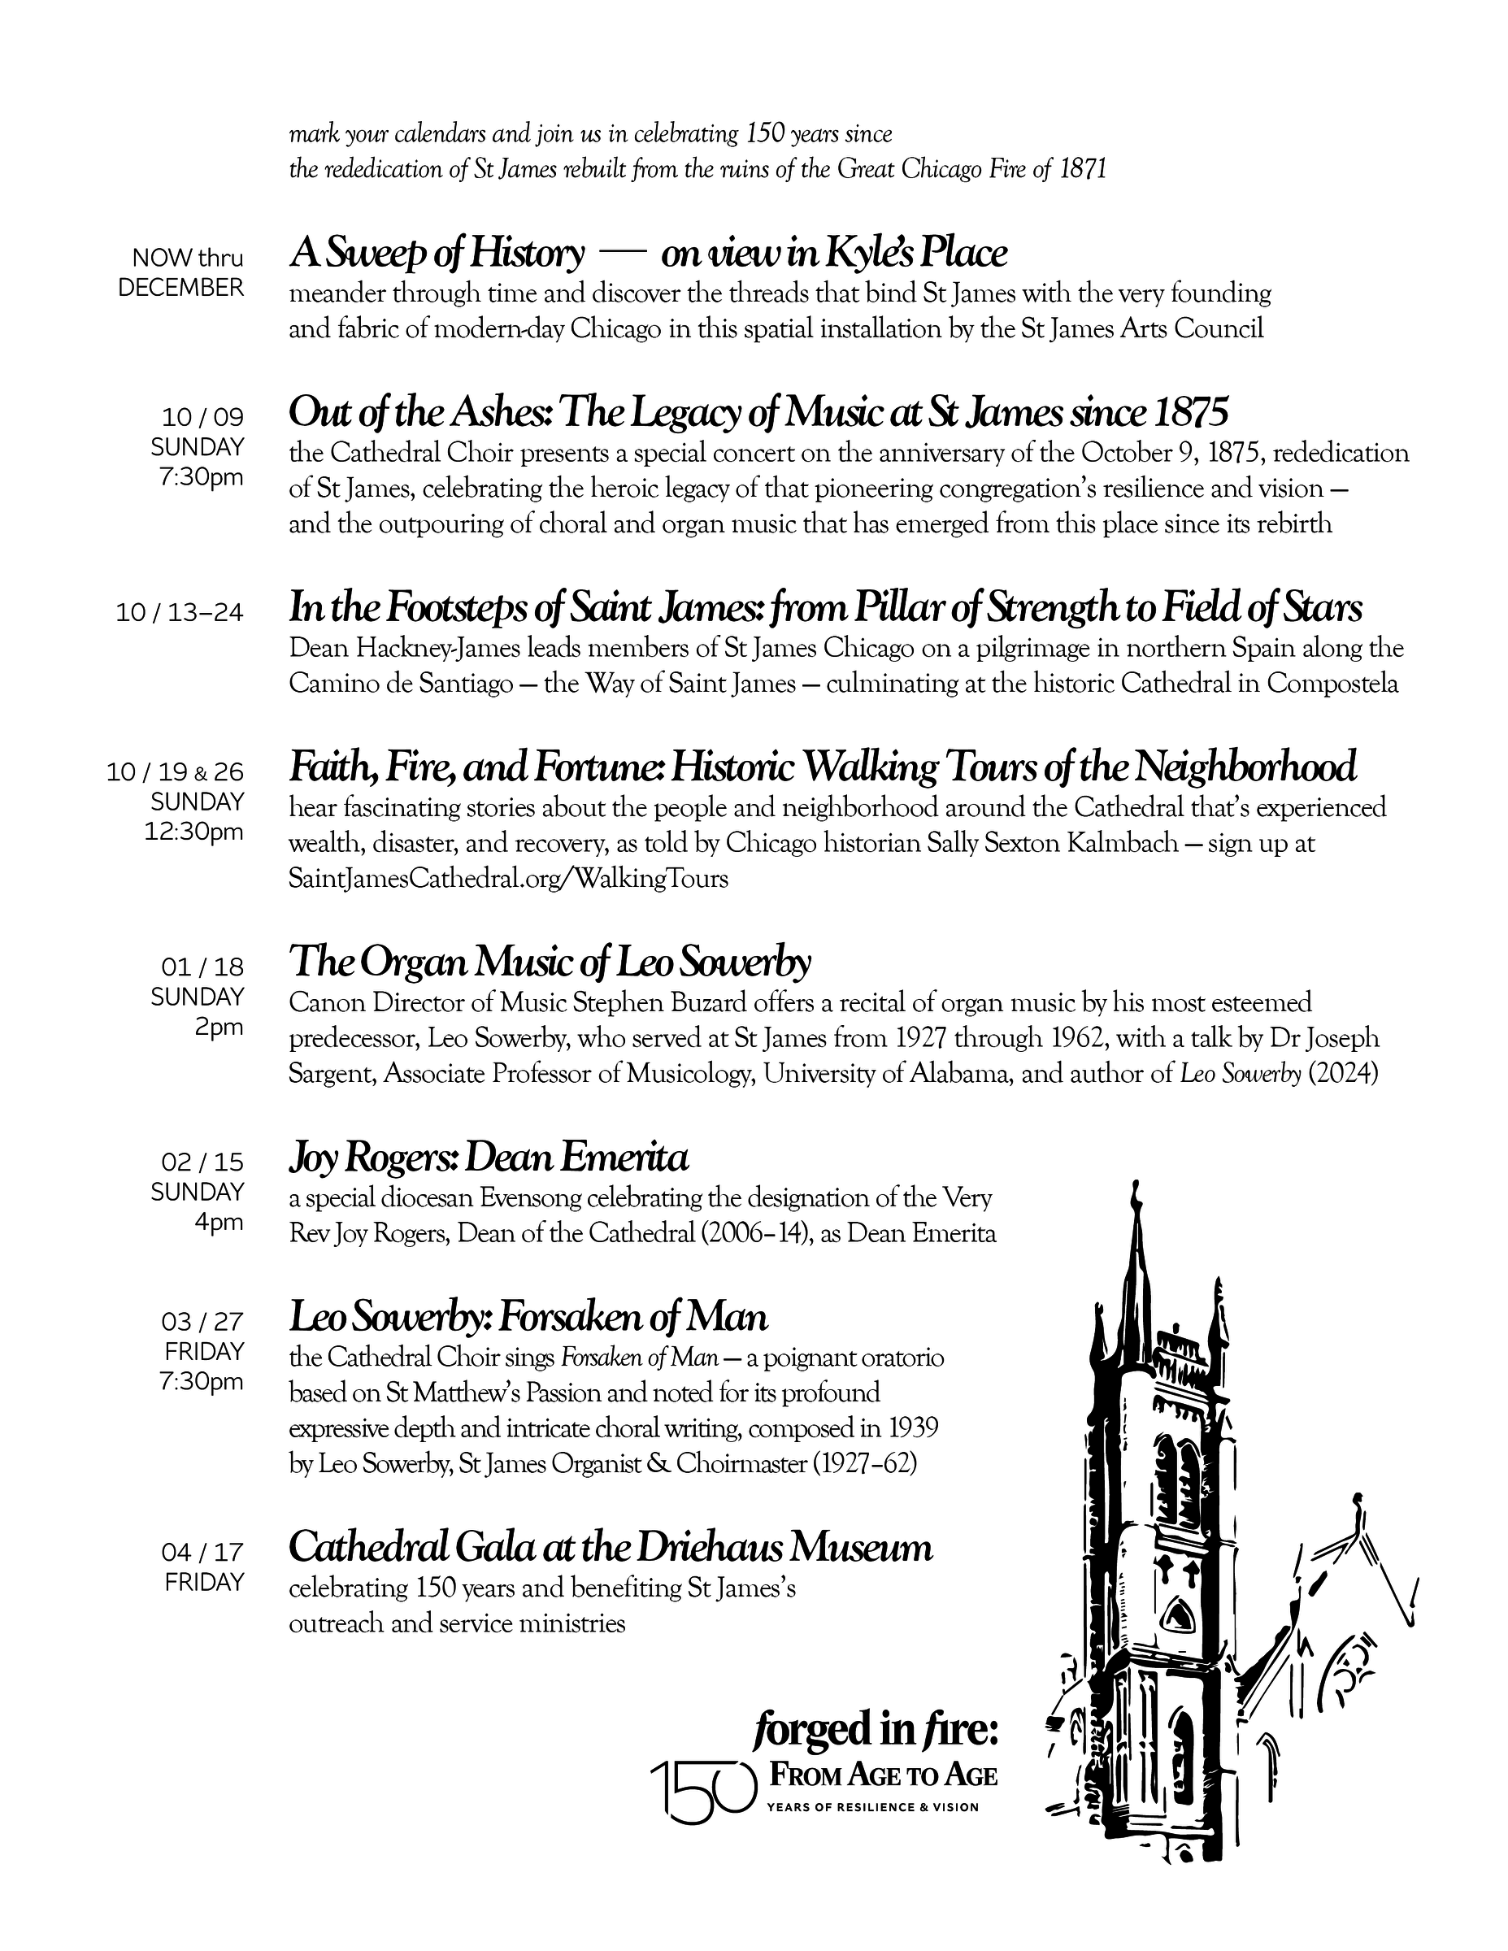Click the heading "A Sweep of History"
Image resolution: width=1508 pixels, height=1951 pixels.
[437, 254]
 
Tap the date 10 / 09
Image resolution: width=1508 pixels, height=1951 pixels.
[202, 417]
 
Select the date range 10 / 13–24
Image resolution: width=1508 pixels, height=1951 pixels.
[180, 613]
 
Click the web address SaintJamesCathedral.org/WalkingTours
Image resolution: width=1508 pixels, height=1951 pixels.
[508, 879]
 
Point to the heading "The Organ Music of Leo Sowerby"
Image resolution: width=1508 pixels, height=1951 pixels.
[550, 962]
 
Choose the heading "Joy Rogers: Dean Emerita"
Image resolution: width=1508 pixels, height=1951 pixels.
[489, 1158]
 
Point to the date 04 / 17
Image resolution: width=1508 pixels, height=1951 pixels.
[202, 1552]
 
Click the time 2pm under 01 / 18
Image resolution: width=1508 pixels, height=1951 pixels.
[219, 1028]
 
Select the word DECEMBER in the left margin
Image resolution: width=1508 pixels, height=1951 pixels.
[181, 288]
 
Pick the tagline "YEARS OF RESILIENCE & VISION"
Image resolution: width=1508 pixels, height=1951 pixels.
[872, 1807]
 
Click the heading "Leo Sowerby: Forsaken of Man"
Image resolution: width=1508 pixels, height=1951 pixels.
[528, 1317]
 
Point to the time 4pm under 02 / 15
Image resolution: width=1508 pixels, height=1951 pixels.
[219, 1222]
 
